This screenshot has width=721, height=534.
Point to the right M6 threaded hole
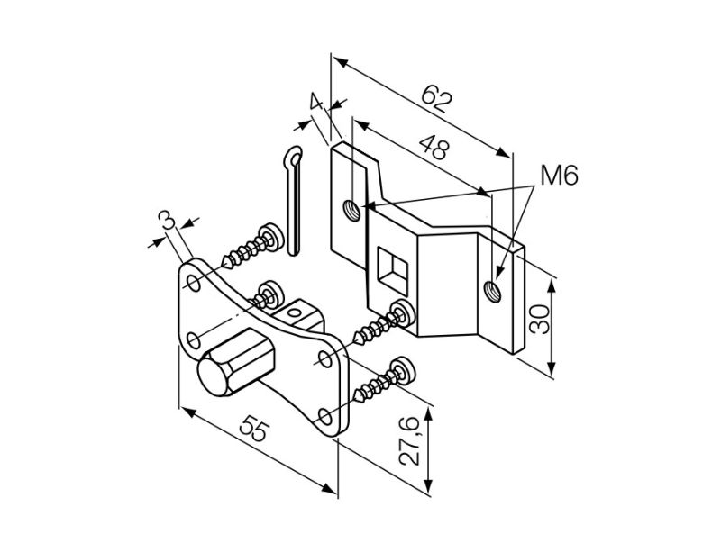[x=491, y=290]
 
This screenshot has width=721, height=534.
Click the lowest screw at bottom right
[x=379, y=384]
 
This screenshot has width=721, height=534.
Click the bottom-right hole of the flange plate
[x=324, y=415]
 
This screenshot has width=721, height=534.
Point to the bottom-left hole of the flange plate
[x=191, y=339]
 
